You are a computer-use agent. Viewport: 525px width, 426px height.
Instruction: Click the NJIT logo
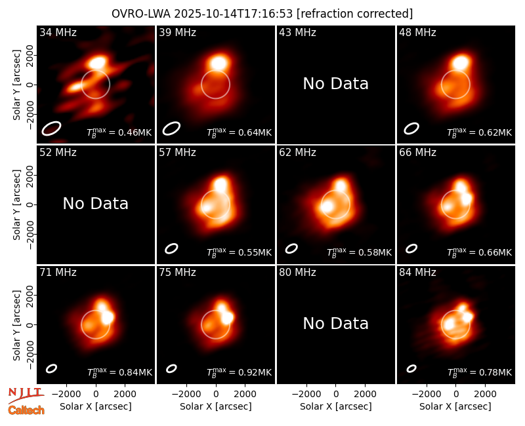pyautogui.click(x=26, y=395)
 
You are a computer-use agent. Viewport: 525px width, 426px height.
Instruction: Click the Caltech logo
pyautogui.click(x=26, y=410)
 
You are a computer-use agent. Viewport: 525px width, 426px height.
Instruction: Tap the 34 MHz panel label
pyautogui.click(x=58, y=32)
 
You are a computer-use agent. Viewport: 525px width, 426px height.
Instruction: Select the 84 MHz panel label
pyautogui.click(x=417, y=273)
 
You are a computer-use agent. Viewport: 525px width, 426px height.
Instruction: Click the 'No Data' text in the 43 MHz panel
pyautogui.click(x=335, y=84)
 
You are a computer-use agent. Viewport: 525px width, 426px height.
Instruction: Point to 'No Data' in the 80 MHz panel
pyautogui.click(x=335, y=324)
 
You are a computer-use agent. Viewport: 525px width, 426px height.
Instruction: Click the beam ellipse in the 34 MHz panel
pyautogui.click(x=51, y=128)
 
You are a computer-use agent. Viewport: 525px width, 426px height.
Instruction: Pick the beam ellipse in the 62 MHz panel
pyautogui.click(x=291, y=248)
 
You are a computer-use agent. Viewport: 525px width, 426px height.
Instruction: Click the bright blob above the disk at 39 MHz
pyautogui.click(x=219, y=62)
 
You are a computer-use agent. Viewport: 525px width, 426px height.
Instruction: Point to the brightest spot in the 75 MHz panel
pyautogui.click(x=227, y=317)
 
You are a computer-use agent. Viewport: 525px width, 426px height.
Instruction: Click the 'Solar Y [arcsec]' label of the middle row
pyautogui.click(x=16, y=204)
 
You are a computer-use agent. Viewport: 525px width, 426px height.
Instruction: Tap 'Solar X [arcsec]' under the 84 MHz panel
pyautogui.click(x=455, y=406)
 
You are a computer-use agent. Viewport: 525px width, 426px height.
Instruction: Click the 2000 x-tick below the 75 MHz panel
pyautogui.click(x=245, y=394)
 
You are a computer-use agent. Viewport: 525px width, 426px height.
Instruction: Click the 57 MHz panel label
pyautogui.click(x=177, y=153)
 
